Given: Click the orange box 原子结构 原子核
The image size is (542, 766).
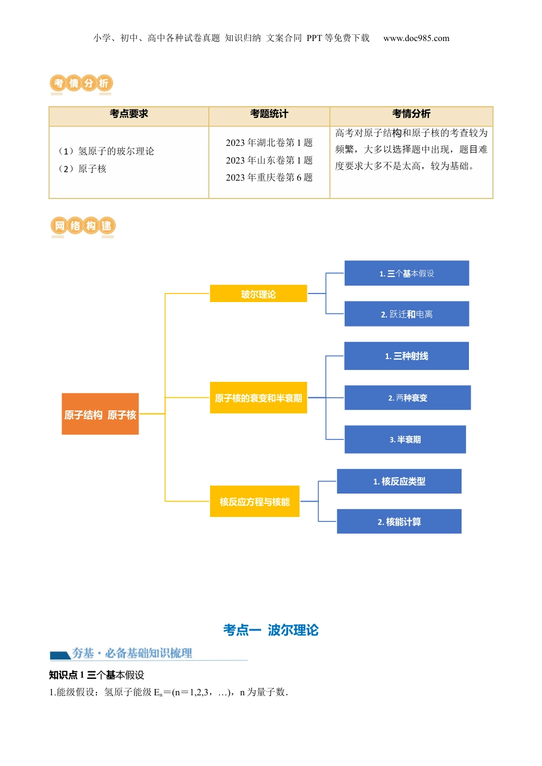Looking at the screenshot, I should coord(100,414).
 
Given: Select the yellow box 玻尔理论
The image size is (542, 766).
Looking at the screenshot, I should coord(258,294).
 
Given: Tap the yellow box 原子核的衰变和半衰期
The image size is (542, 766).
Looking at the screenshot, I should coord(258,398).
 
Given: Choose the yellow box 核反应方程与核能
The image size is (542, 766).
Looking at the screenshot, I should coord(254,502).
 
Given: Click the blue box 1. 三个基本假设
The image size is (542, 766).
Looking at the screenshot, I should coord(406,274).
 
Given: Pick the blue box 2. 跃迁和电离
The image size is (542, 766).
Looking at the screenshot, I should coord(406,314).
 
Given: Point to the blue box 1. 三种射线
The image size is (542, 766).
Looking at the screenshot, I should coord(406,356).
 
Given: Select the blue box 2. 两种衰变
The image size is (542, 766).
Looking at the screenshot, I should coord(407,398).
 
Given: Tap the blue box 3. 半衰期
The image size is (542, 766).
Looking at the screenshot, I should coord(405,439).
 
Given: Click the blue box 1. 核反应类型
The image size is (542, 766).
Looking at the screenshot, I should coord(399,482).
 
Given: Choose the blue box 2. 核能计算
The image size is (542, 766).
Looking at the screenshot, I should coord(399,521).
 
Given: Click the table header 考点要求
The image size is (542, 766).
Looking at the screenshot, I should coord(129,114).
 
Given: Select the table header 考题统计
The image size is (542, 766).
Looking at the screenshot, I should coord(269,114).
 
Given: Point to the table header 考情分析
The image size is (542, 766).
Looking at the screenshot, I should coord(411,114).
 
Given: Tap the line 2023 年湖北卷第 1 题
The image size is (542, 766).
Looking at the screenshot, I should coord(269,142).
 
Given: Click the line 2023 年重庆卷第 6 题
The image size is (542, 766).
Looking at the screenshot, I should coord(269,177).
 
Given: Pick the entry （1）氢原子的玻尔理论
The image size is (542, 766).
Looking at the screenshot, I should coord(107,151).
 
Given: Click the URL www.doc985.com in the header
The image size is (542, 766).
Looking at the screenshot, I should coord(416,38).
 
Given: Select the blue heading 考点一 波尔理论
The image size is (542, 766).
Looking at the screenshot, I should coord(271,630).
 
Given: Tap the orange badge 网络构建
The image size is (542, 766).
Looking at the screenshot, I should coord(83,226).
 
